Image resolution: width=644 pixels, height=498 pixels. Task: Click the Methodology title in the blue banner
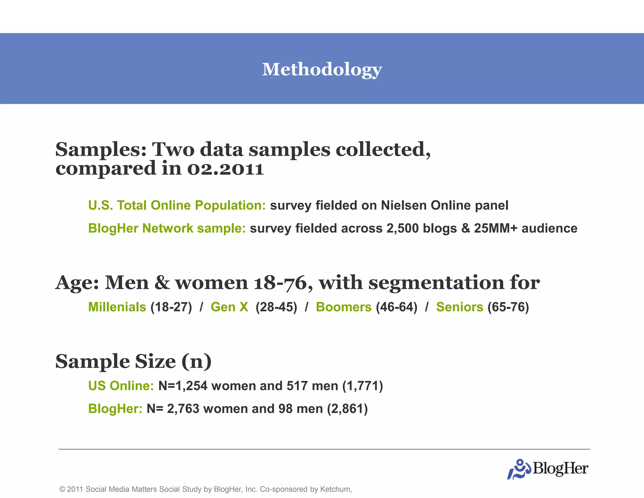[322, 69]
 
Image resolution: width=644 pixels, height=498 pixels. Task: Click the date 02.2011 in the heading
[225, 169]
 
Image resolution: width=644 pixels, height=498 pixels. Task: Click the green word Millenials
[117, 307]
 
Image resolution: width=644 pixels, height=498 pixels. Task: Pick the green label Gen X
[229, 307]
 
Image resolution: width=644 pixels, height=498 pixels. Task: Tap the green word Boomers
[343, 307]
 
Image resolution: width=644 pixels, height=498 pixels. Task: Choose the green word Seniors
[459, 307]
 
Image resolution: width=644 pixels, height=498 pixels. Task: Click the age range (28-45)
[276, 307]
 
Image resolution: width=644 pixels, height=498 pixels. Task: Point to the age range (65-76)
[508, 307]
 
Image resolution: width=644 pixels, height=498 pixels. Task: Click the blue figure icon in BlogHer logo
[519, 469]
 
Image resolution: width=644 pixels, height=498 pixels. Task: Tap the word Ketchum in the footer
[335, 489]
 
